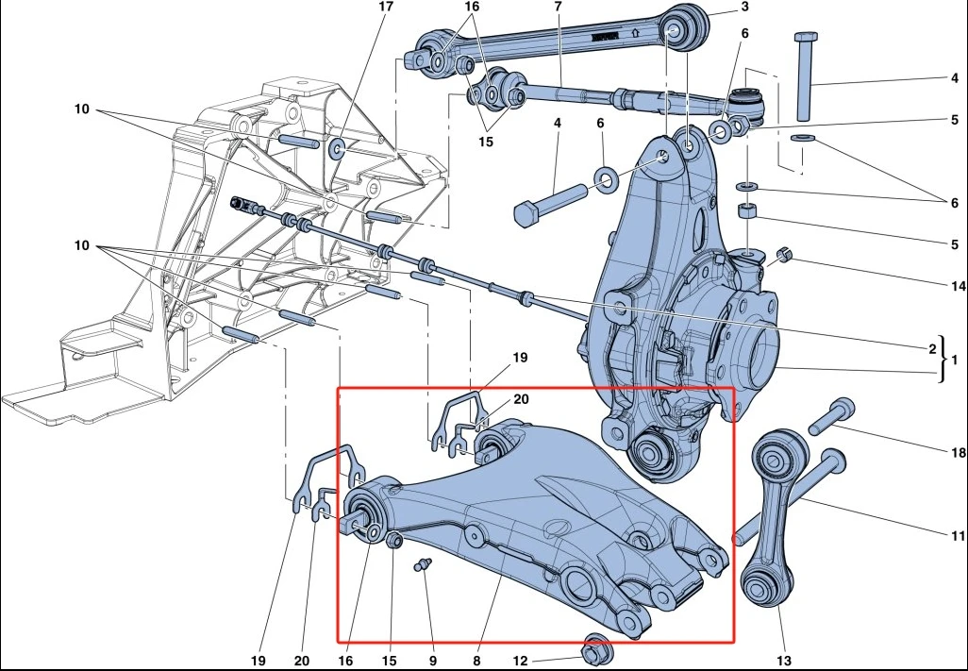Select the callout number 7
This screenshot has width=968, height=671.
click(558, 7)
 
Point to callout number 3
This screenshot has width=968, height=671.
click(744, 8)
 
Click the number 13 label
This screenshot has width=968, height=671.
click(784, 660)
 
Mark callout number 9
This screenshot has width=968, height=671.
click(433, 660)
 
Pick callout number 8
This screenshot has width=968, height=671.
click(477, 660)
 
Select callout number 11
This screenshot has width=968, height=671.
click(957, 535)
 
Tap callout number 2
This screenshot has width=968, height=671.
click(931, 347)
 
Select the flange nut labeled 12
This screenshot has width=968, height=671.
click(595, 651)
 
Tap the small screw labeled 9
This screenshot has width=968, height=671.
click(424, 565)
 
